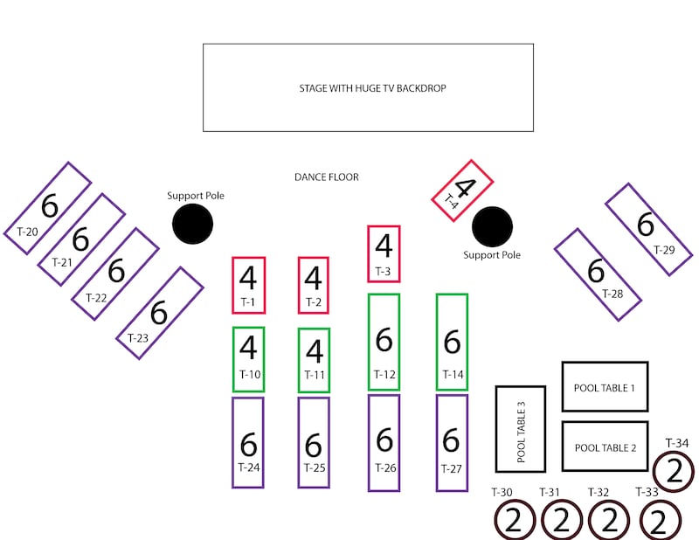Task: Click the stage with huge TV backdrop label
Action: (x=372, y=88)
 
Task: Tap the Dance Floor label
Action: (x=326, y=177)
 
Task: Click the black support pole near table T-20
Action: (x=192, y=224)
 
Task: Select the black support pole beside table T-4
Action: (x=492, y=226)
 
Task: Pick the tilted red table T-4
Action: (x=462, y=190)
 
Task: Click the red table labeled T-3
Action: (x=384, y=253)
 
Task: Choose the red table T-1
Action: (x=249, y=286)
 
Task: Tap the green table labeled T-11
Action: (x=315, y=360)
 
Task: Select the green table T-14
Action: (x=452, y=342)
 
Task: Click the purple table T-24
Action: (x=248, y=442)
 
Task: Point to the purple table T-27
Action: (x=452, y=443)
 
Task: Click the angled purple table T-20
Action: (x=48, y=208)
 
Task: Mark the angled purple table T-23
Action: (x=160, y=313)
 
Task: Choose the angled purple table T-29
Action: (x=648, y=229)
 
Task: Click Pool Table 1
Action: (x=605, y=386)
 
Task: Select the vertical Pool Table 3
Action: (x=521, y=429)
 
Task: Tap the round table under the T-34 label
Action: (x=674, y=471)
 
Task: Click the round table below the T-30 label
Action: (x=515, y=520)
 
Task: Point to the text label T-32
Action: (x=599, y=492)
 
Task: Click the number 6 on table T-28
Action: (x=596, y=270)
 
